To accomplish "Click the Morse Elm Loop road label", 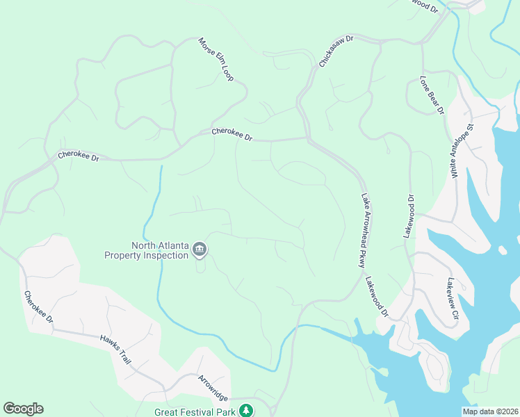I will tap(216, 59).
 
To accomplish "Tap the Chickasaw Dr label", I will tap(336, 51).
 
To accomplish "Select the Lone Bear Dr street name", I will tap(432, 95).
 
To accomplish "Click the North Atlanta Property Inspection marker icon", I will tap(200, 249).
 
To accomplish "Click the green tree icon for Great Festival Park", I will tap(245, 411).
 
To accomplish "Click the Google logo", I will tap(23, 409).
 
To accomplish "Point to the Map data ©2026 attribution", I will tap(490, 411).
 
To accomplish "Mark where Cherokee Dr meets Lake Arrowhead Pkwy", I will tap(307, 138).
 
